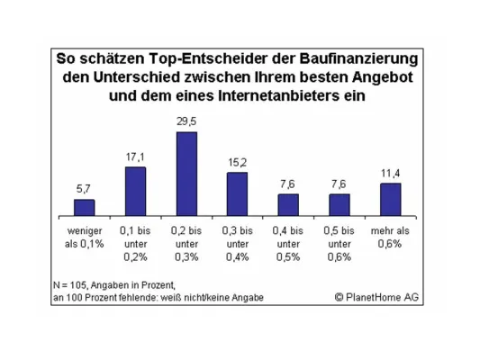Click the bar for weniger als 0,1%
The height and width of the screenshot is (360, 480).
click(x=84, y=208)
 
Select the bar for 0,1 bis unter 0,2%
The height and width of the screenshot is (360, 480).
click(x=135, y=192)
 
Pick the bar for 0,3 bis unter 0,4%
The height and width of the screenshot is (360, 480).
click(x=237, y=194)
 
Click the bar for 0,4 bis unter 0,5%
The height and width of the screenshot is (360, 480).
click(x=288, y=206)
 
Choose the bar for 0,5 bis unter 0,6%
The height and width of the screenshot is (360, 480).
click(x=340, y=206)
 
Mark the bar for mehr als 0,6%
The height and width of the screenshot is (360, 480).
click(x=390, y=200)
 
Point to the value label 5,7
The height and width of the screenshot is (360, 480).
click(x=84, y=189)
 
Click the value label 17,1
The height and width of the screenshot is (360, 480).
click(x=135, y=157)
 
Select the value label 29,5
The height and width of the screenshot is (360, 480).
click(x=186, y=121)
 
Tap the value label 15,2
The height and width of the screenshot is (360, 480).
click(x=237, y=162)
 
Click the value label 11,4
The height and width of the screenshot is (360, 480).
click(x=390, y=173)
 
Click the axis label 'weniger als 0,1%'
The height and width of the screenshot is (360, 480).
click(x=84, y=237)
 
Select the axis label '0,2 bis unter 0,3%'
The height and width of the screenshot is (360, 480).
click(x=186, y=243)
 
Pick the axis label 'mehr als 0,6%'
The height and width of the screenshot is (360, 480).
click(x=390, y=237)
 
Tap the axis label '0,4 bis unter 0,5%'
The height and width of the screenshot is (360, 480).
click(x=288, y=243)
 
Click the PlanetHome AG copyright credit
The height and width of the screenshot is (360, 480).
click(x=376, y=298)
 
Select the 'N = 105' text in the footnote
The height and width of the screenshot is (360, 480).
click(x=72, y=285)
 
